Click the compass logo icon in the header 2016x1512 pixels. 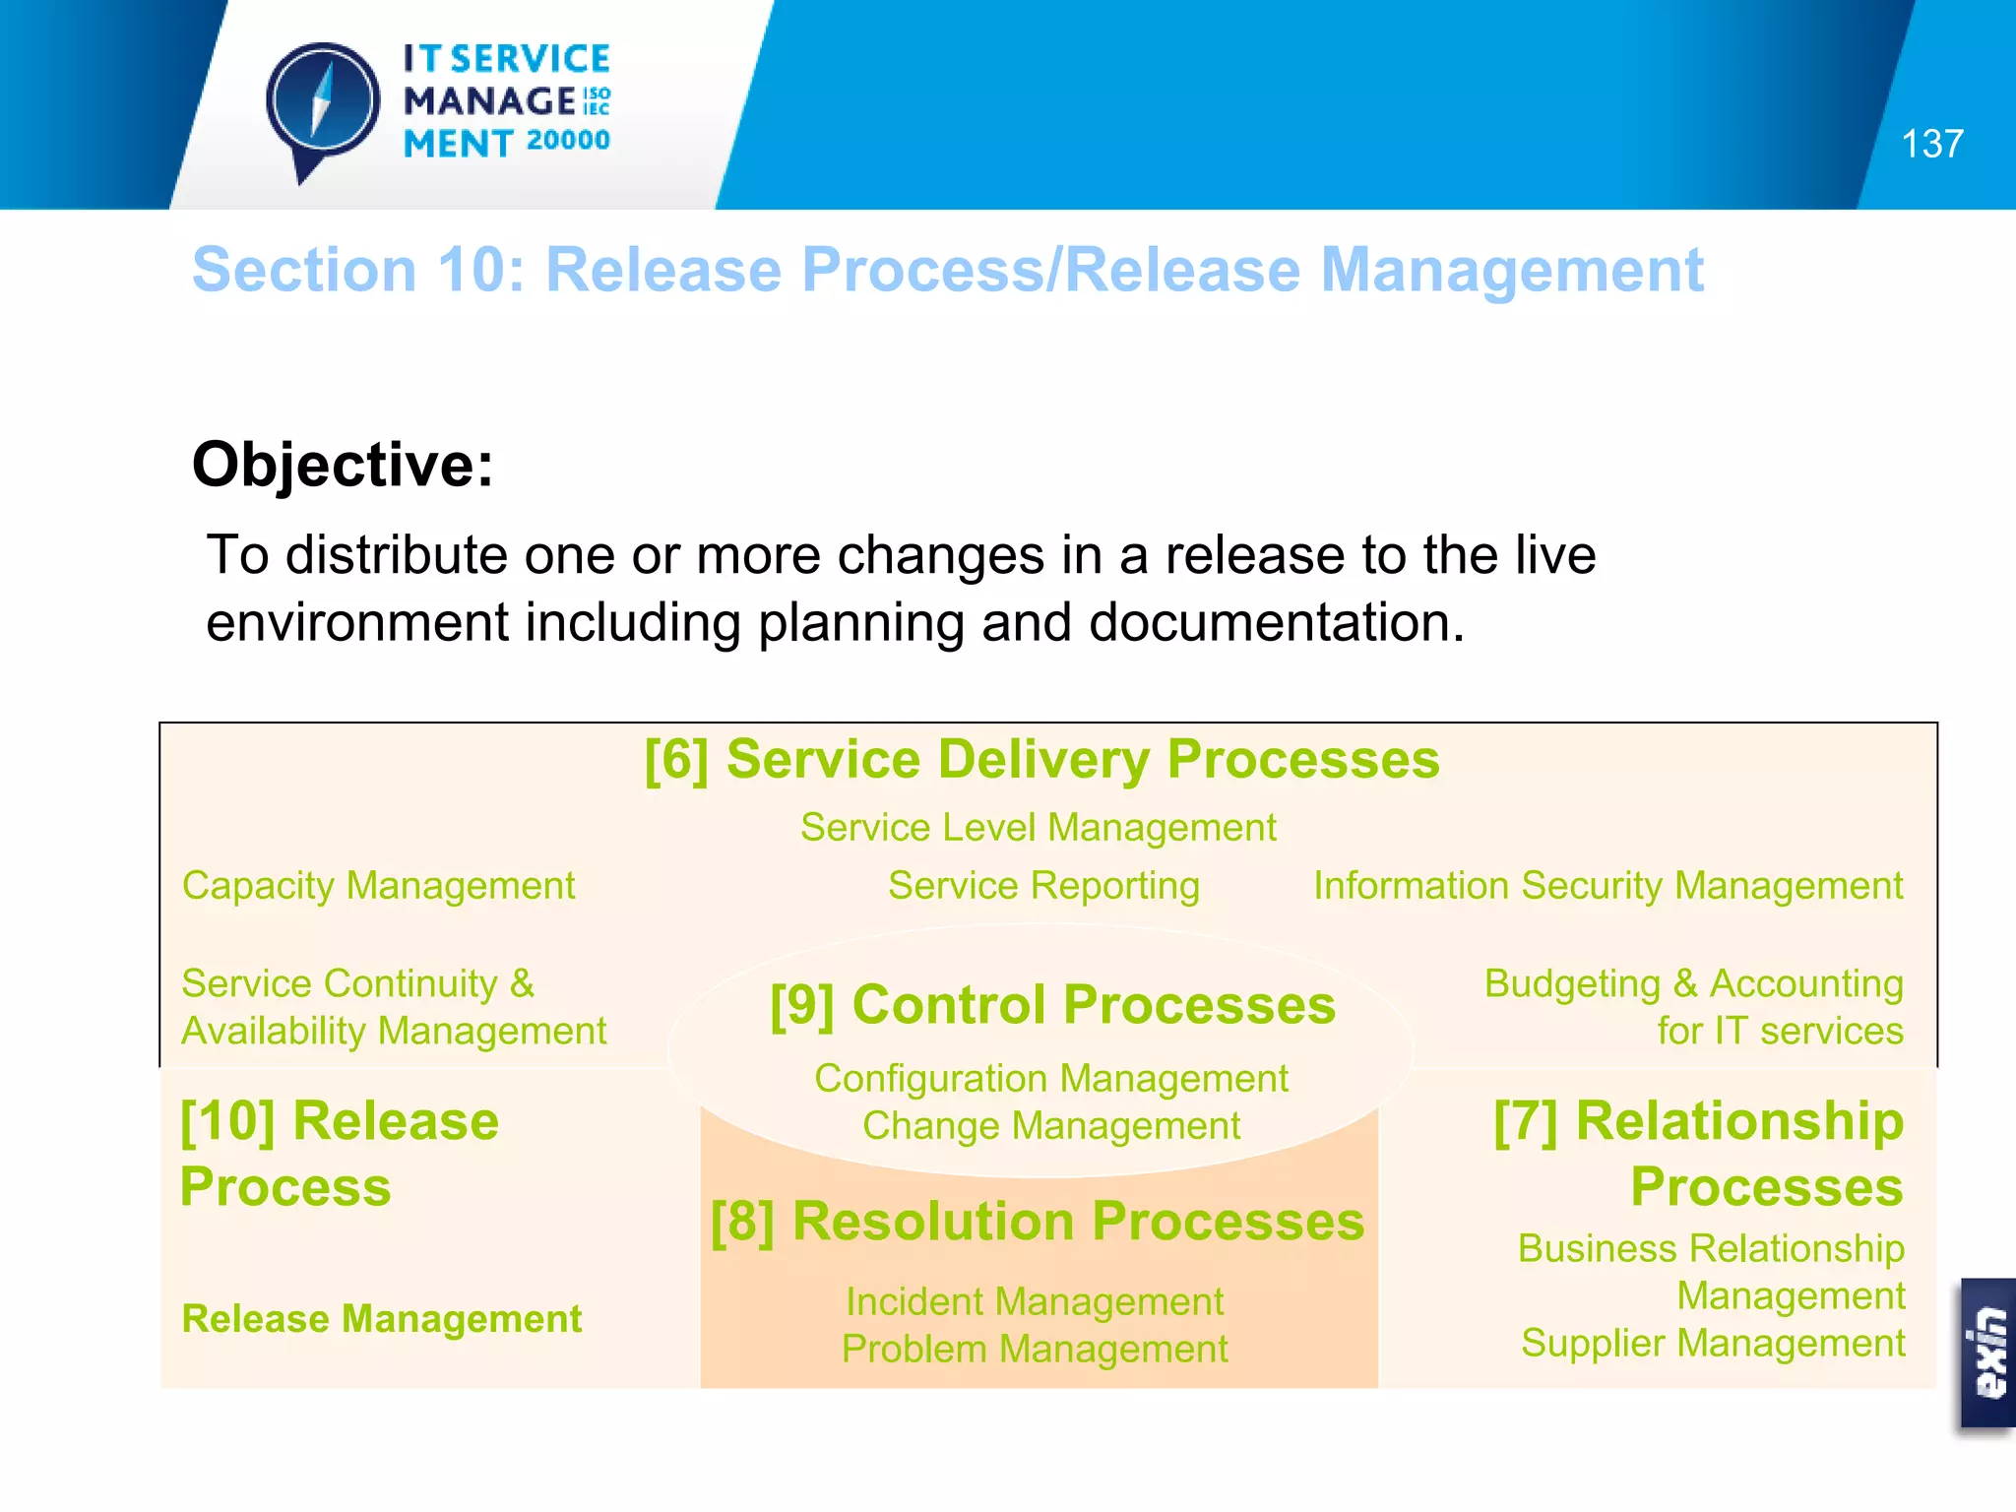coord(322,103)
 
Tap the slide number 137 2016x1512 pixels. coord(1931,145)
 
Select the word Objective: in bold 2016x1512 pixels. coord(343,464)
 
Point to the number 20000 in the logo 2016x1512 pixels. coord(568,141)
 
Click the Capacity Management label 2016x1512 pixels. coord(378,886)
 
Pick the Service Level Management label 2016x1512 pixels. coord(1038,828)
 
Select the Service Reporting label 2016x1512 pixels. coord(1043,886)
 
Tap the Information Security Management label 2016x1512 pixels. coord(1607,886)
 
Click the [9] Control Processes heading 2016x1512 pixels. coord(1052,1005)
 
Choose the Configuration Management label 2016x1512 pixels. coord(1050,1079)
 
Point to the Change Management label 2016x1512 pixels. coord(1050,1126)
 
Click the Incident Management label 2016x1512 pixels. coord(1035,1302)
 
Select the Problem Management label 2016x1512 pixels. coord(1035,1350)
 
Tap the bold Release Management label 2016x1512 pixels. coord(381,1319)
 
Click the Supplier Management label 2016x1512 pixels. coord(1712,1344)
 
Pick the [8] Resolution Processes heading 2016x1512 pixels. coord(1038,1222)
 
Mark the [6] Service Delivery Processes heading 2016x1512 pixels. coord(1041,760)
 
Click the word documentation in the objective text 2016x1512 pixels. coord(1276,623)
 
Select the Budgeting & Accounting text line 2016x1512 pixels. coord(1693,983)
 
